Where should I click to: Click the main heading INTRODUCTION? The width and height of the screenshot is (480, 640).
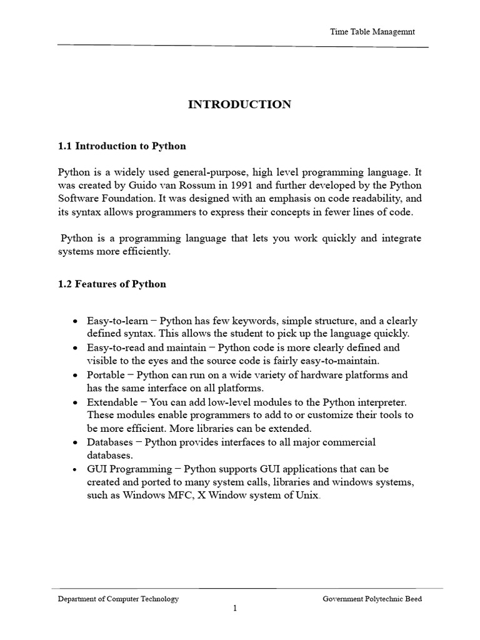point(239,104)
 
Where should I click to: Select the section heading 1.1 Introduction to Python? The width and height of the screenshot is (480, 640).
point(122,146)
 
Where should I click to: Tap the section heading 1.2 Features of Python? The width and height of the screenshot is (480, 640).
point(112,284)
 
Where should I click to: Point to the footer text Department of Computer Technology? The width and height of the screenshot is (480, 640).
point(118,599)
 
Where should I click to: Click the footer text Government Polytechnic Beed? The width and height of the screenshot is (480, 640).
point(372,599)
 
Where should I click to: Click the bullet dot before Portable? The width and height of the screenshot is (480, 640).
point(75,375)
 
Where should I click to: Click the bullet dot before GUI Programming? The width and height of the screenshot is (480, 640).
point(75,469)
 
